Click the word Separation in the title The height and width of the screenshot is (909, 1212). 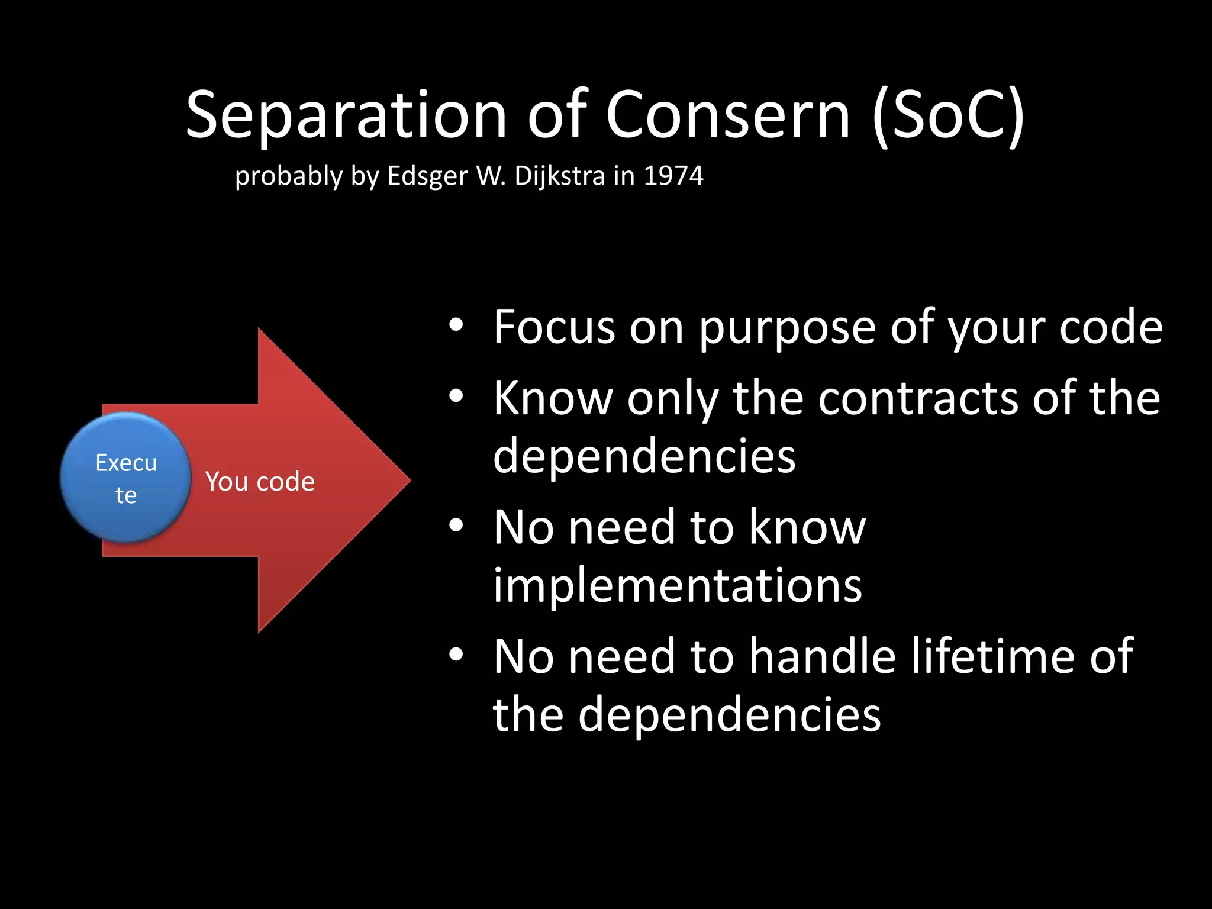346,115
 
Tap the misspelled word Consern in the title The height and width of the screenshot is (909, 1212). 728,115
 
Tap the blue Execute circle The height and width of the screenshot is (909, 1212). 125,478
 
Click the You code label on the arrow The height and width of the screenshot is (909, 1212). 260,482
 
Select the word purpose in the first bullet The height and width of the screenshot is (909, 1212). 787,328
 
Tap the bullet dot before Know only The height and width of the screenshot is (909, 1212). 455,396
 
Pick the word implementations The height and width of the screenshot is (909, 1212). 678,586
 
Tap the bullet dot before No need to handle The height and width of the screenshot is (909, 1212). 455,655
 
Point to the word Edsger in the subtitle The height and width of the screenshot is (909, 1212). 427,176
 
